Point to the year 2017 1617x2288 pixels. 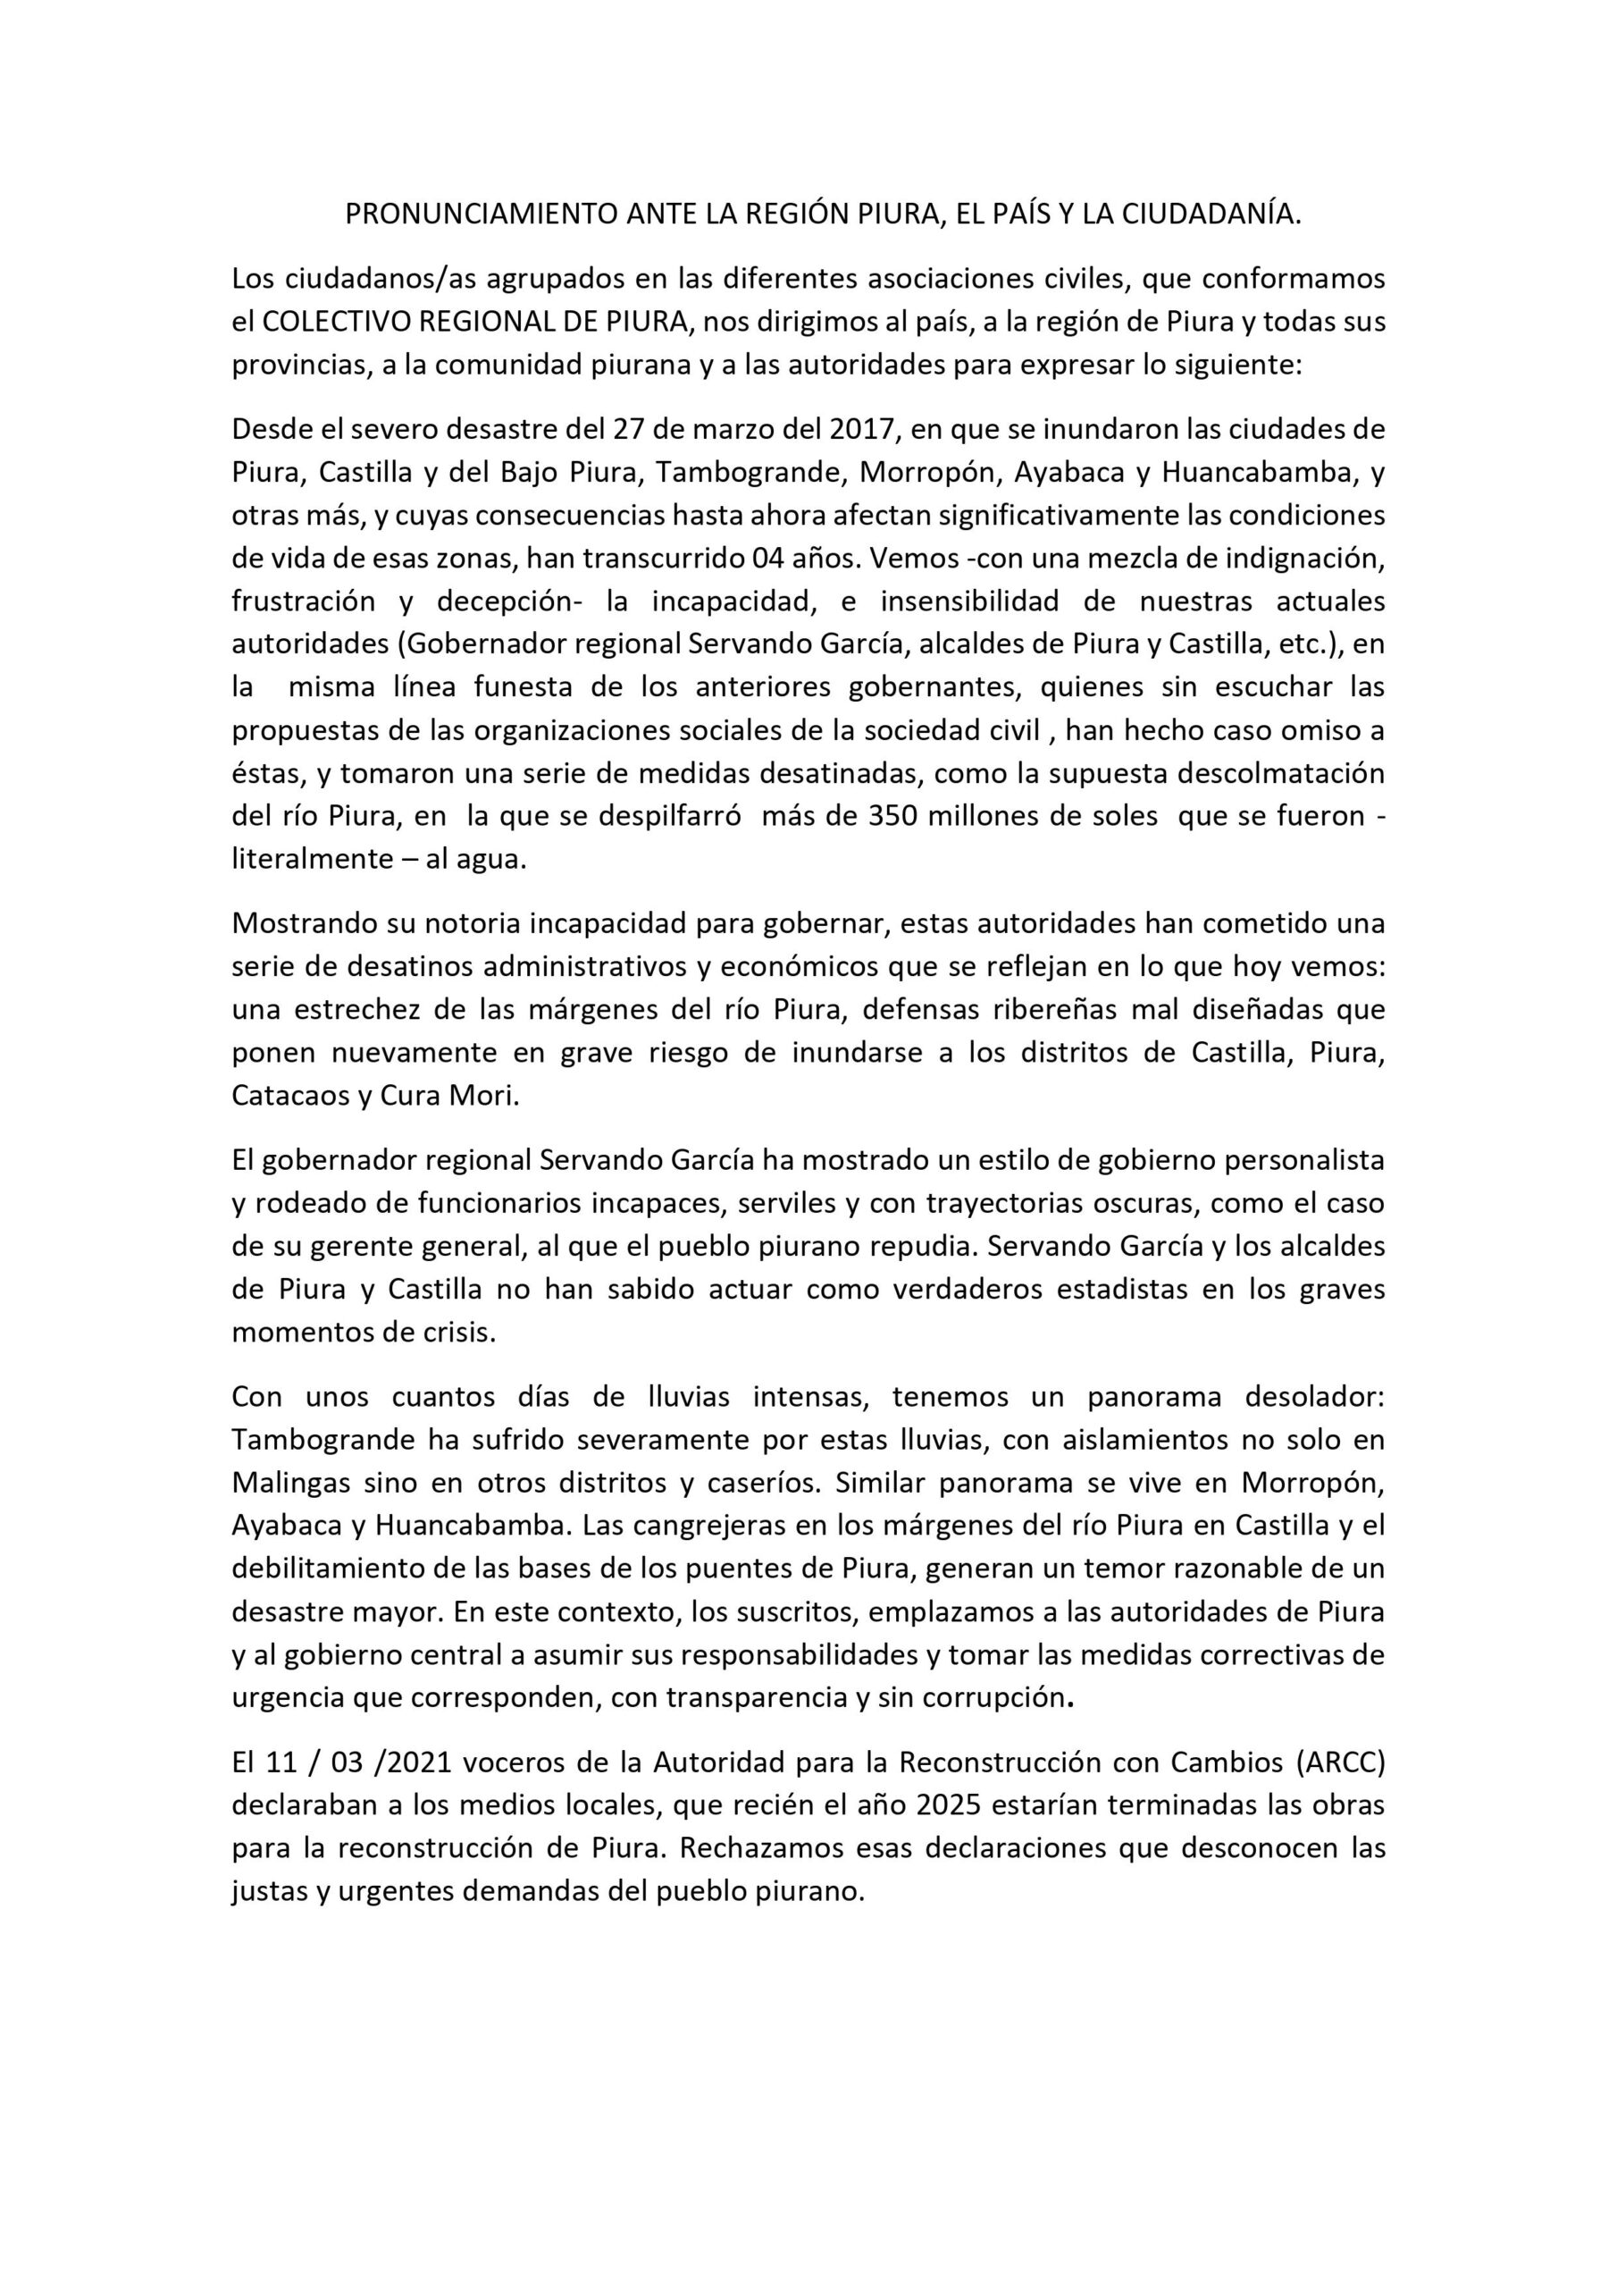point(861,430)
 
